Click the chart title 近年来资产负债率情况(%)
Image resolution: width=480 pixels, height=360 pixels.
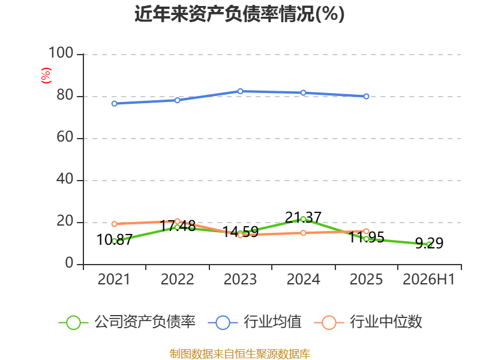point(239,14)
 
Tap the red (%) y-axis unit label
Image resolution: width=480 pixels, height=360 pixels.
point(46,76)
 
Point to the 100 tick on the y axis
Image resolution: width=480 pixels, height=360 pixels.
point(61,53)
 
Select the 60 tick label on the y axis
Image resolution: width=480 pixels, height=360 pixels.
point(65,137)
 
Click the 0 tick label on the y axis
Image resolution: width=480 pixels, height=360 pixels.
point(69,263)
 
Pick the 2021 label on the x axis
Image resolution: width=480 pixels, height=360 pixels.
point(114,280)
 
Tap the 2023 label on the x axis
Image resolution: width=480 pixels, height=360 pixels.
point(240,280)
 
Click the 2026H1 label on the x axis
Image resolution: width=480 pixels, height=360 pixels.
point(428,280)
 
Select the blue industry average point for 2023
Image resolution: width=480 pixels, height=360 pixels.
point(241,91)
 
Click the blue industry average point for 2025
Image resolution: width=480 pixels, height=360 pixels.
point(366,97)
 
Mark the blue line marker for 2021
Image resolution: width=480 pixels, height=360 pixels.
point(114,104)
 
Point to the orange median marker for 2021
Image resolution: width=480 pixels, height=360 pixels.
point(114,224)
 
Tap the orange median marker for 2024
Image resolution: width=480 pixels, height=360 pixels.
point(303,233)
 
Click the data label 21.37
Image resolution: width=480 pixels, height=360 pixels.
point(303,218)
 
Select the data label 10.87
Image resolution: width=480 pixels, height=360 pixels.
point(114,239)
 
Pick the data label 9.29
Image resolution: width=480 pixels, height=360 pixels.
point(429,244)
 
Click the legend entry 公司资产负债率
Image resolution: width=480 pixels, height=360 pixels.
point(127,322)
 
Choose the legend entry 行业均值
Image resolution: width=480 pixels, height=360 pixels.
point(254,322)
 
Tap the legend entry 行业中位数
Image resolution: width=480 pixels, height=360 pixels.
point(368,322)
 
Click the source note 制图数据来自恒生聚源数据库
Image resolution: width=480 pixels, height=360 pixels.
point(240,354)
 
